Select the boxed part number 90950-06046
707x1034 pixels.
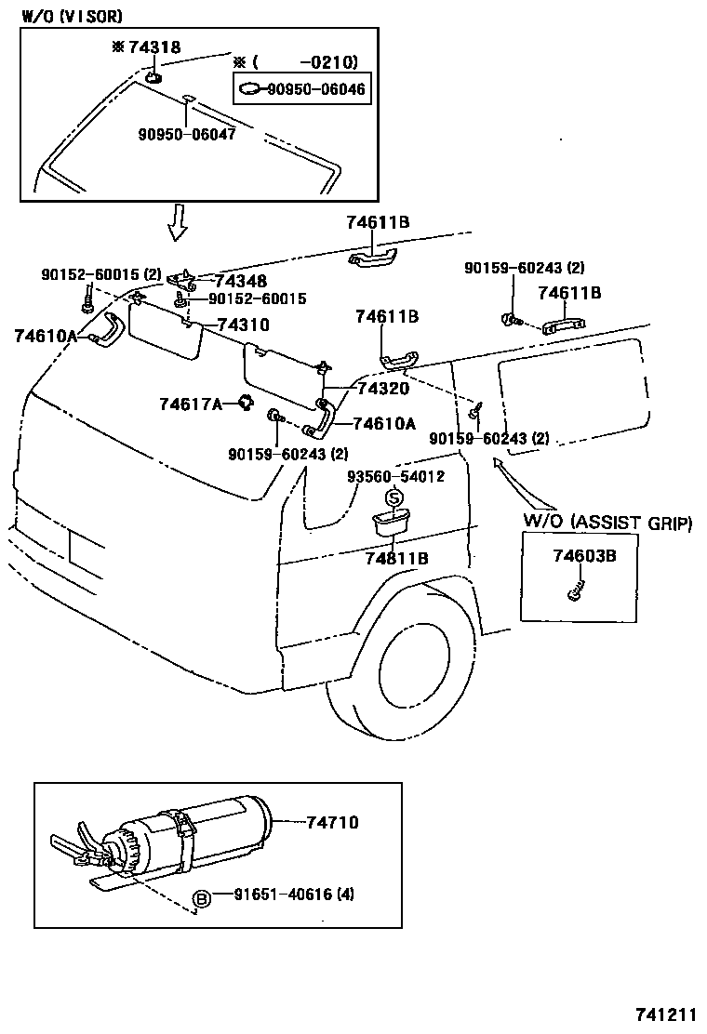click(x=315, y=89)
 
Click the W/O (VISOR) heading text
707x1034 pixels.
click(x=72, y=16)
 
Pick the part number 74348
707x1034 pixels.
click(x=241, y=282)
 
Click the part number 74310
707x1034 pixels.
click(x=243, y=325)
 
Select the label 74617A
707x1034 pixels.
click(x=190, y=404)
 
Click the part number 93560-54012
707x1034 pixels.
click(x=395, y=476)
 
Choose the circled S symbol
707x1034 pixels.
click(x=394, y=498)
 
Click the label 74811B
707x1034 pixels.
click(x=396, y=558)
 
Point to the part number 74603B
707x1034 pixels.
click(x=584, y=556)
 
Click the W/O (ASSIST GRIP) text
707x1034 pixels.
click(x=607, y=522)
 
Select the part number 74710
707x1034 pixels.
click(x=327, y=822)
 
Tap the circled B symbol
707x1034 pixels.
click(x=201, y=897)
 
